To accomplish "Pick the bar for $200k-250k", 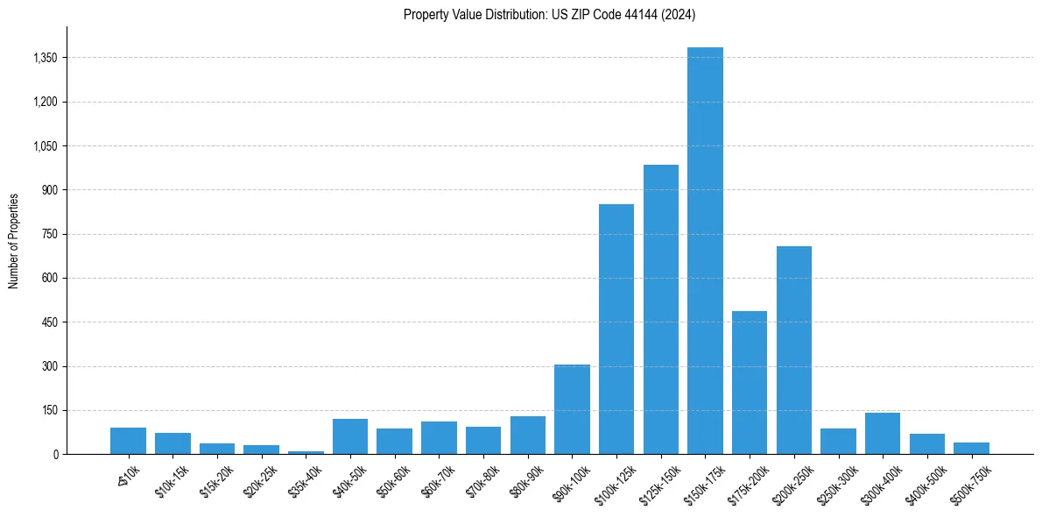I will click(x=794, y=350).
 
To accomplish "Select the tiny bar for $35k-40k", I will click(x=306, y=452).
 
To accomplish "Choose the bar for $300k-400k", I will click(x=883, y=433).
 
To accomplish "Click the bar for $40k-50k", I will click(x=350, y=436).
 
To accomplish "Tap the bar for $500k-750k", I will click(x=971, y=448).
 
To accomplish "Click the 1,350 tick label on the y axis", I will click(x=45, y=58).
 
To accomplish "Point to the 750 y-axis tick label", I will click(x=50, y=234).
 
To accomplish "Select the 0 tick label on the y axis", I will click(x=55, y=454).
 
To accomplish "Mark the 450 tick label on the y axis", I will click(x=50, y=322).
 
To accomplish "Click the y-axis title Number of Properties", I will click(x=14, y=240).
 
